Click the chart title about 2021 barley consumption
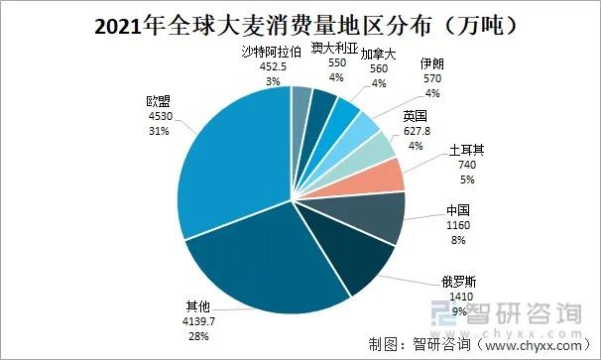(300, 21)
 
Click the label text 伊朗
(431, 63)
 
